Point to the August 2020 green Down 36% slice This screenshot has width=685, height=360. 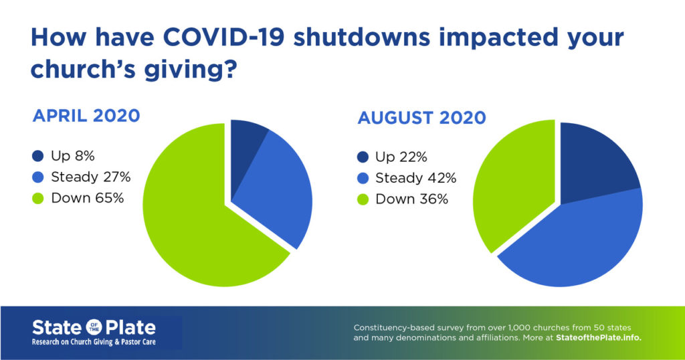[515, 181]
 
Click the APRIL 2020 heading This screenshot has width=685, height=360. [86, 116]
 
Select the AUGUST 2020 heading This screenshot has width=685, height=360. [421, 118]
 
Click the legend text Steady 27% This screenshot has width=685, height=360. [90, 177]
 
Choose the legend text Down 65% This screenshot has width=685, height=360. [87, 198]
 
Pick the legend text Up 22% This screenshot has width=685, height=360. [401, 157]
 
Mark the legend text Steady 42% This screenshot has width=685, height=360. [415, 178]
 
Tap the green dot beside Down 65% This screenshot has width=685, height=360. [39, 198]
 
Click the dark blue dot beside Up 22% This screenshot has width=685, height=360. [363, 157]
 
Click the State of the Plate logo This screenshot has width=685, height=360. [94, 328]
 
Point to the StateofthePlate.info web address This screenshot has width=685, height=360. [599, 338]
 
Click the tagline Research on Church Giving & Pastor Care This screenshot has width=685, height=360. [94, 342]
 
